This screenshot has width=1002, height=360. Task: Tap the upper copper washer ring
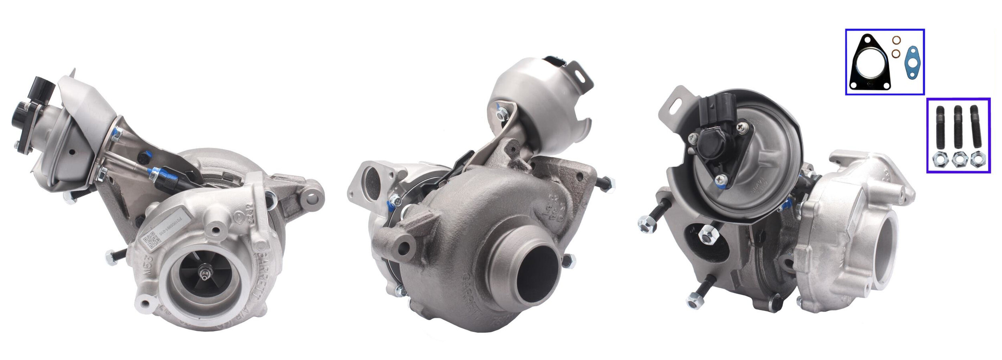896,40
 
